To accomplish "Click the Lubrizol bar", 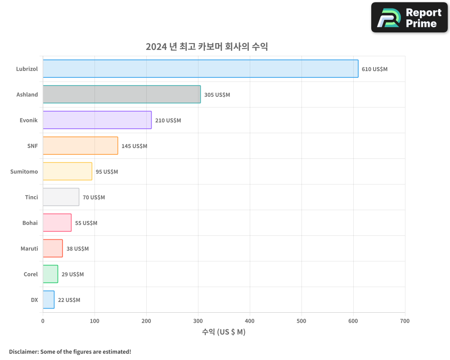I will (x=200, y=69).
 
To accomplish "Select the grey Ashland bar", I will (x=121, y=94).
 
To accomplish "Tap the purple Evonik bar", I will (x=97, y=120).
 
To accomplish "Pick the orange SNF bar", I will (x=80, y=146).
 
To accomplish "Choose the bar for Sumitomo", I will (x=67, y=171).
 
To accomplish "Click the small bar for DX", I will (x=49, y=300).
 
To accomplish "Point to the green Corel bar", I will (x=50, y=274).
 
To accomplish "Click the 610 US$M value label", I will (x=374, y=69).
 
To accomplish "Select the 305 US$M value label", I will (x=217, y=95).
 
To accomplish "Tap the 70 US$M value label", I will (x=94, y=198).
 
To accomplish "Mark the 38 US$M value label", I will (x=77, y=249).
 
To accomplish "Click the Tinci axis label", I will (x=31, y=197).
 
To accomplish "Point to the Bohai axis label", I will (x=30, y=223).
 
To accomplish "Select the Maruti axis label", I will (x=29, y=248).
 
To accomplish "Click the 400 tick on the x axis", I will (x=250, y=321).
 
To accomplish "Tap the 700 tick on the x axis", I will (x=405, y=321).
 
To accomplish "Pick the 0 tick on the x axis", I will (x=43, y=321).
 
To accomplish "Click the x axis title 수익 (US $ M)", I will (x=224, y=332).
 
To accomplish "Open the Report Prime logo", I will (x=409, y=18).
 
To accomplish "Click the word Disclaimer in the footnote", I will (x=23, y=351).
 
